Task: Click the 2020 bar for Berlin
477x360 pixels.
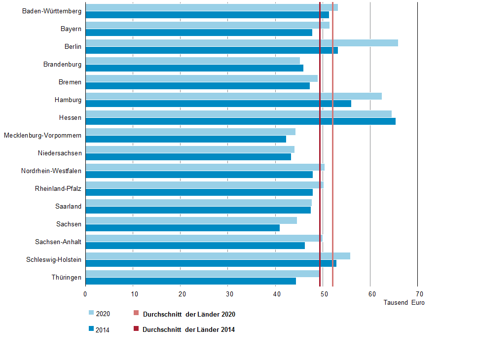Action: [x=242, y=43]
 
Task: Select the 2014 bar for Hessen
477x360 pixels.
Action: [x=240, y=121]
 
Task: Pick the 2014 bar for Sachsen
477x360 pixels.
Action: [x=183, y=228]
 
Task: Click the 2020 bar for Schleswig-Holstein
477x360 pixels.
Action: [x=218, y=256]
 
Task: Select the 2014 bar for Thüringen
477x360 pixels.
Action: [x=190, y=281]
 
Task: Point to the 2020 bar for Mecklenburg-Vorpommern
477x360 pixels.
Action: [x=190, y=132]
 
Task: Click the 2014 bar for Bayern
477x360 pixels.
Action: [x=199, y=33]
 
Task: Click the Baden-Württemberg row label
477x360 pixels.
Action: [x=52, y=11]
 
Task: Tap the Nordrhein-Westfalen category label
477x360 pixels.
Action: [x=51, y=171]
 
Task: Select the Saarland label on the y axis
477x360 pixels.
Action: [x=68, y=206]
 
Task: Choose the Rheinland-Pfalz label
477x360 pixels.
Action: [x=58, y=188]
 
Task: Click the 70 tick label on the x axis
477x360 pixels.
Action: [x=417, y=294]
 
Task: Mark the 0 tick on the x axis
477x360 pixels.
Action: [x=85, y=294]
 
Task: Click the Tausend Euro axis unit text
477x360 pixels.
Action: [x=404, y=303]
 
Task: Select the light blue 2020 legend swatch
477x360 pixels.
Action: [x=91, y=313]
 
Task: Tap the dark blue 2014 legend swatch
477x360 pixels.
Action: [x=91, y=329]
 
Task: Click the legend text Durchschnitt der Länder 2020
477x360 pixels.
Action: [x=189, y=314]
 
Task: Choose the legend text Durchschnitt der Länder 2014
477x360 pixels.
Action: [x=188, y=330]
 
